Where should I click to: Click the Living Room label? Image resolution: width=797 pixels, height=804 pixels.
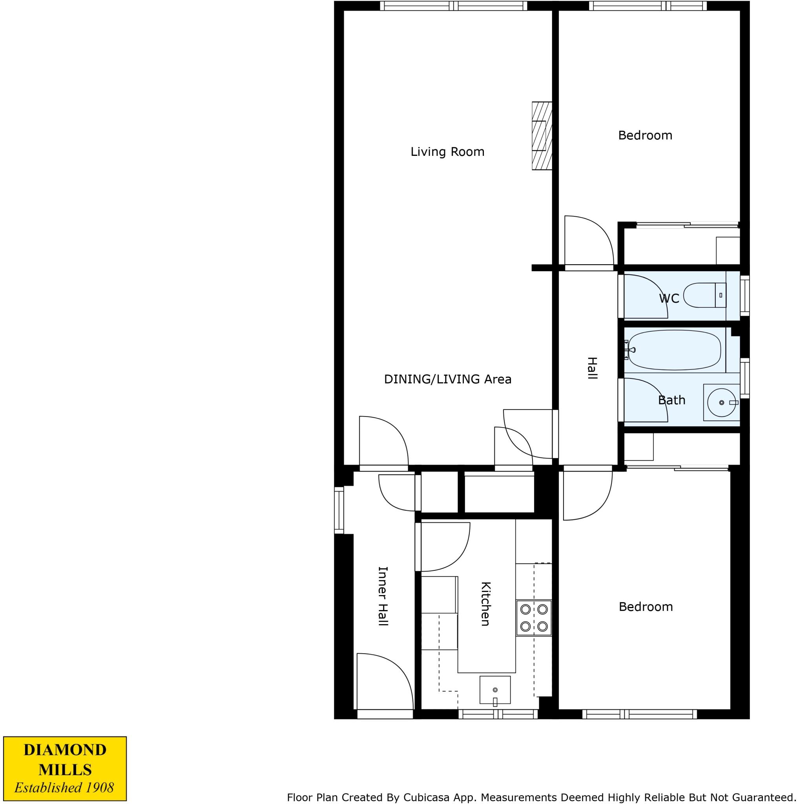coord(447,152)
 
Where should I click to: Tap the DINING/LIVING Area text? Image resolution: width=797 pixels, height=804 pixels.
coord(447,379)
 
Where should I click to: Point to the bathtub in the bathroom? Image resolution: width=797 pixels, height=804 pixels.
coord(674,350)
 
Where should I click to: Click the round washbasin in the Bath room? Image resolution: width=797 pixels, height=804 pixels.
coord(721,402)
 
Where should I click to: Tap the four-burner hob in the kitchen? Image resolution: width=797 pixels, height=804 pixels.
coord(534,618)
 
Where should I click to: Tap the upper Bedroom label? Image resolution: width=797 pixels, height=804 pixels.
coord(645,135)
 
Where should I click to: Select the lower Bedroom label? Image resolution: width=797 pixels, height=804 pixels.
coord(645,607)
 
